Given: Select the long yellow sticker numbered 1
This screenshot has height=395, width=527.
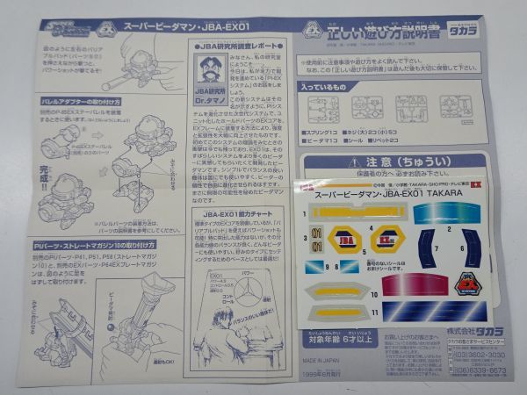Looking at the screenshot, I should click(x=359, y=212).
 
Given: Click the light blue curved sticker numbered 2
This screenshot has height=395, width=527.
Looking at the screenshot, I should click(x=447, y=212).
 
